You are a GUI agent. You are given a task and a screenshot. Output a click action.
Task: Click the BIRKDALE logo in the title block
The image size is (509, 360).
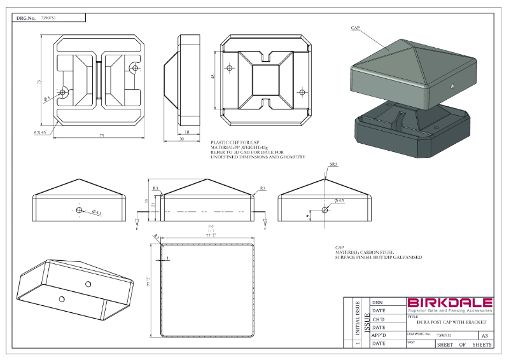[x=449, y=303]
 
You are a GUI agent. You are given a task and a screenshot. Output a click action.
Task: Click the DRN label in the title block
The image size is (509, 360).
[x=377, y=303]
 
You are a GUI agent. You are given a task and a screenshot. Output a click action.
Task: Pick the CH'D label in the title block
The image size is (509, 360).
[x=378, y=319]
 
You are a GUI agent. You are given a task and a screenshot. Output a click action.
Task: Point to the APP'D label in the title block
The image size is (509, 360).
[x=379, y=335]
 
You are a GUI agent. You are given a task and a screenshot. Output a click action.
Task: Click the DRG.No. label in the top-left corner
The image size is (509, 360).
[x=26, y=18]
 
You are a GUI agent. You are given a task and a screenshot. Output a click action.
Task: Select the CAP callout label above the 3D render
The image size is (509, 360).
[x=356, y=28]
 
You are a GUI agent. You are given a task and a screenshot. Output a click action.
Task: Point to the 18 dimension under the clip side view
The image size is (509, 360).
[x=186, y=132]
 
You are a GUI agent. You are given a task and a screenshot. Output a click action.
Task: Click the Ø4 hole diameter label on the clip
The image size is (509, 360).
[x=47, y=99]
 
